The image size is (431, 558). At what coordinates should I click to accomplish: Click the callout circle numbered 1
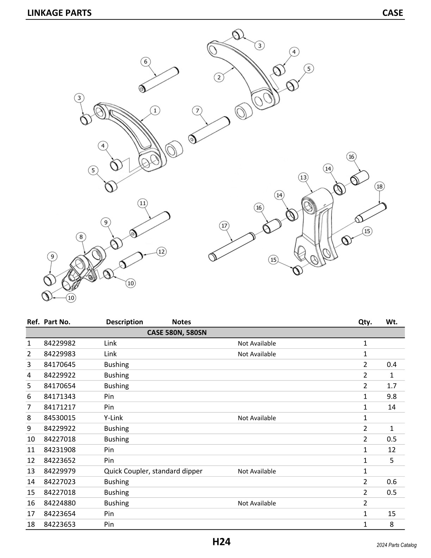tap(155, 110)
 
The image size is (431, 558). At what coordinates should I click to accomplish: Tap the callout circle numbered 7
tap(197, 111)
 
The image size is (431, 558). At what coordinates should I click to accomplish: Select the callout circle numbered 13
tap(303, 177)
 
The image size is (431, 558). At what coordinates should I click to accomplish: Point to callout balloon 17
tap(224, 225)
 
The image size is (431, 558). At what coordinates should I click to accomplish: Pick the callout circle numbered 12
tap(161, 252)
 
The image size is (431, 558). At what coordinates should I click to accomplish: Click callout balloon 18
tap(379, 186)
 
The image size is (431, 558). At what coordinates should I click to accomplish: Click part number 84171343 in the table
tap(60, 396)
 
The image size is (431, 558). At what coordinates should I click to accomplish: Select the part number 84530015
tap(60, 418)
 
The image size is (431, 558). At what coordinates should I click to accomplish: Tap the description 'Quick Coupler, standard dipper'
tap(153, 471)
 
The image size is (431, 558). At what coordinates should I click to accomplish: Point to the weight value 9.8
tap(392, 396)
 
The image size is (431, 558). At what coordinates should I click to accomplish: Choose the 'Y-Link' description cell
tap(113, 418)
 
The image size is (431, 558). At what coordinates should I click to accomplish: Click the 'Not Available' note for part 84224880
tap(257, 503)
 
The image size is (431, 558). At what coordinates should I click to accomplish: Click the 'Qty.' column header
tap(365, 322)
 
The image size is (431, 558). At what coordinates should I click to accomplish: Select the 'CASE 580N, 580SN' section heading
tap(177, 333)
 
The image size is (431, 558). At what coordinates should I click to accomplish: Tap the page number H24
tap(221, 541)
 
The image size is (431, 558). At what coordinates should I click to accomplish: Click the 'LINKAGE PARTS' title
tap(59, 13)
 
